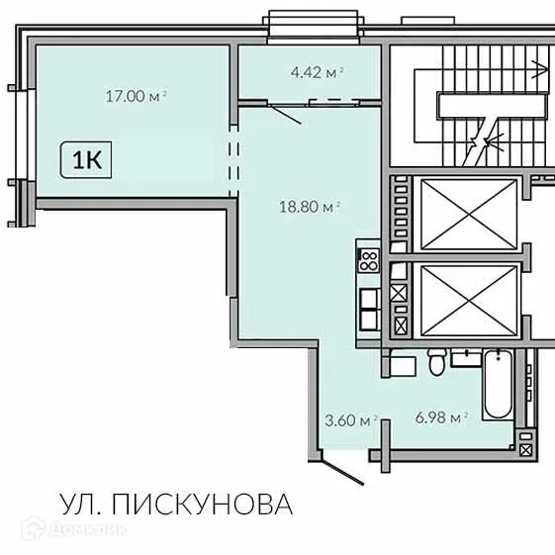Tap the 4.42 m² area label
click(317, 71)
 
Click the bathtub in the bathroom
click(496, 385)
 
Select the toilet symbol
click(436, 363)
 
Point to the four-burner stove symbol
click(368, 261)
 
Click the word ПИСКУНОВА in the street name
click(203, 506)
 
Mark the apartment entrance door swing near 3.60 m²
click(335, 463)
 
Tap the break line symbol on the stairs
click(482, 139)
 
